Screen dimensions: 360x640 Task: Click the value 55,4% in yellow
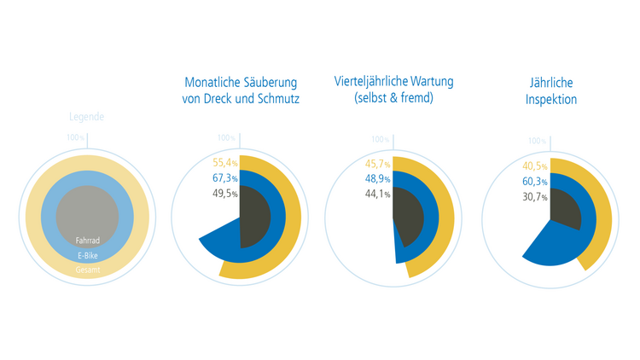pyautogui.click(x=224, y=162)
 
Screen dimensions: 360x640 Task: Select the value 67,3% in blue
pyautogui.click(x=224, y=178)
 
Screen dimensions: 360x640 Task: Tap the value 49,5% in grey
pyautogui.click(x=224, y=194)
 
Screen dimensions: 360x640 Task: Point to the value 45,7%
pyautogui.click(x=377, y=164)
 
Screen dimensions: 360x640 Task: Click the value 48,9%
pyautogui.click(x=377, y=179)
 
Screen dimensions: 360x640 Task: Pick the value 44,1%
pyautogui.click(x=377, y=195)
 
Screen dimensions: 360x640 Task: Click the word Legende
pyautogui.click(x=87, y=117)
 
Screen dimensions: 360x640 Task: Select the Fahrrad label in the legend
pyautogui.click(x=88, y=241)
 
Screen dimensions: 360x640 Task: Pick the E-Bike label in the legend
pyautogui.click(x=88, y=256)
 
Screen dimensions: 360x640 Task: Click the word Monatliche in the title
pyautogui.click(x=212, y=82)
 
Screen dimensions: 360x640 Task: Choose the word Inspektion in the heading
pyautogui.click(x=551, y=100)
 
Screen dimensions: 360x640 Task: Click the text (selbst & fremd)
pyautogui.click(x=393, y=100)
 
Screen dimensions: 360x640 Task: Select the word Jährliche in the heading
pyautogui.click(x=551, y=82)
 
